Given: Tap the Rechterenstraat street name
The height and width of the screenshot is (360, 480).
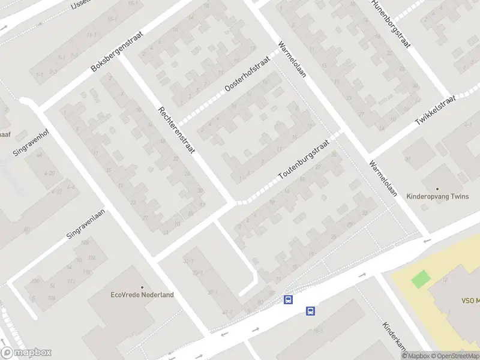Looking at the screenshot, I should (x=177, y=131).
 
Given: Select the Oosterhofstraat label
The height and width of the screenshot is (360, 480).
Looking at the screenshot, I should (x=248, y=76).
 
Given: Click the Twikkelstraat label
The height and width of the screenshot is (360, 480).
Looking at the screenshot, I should (x=436, y=110).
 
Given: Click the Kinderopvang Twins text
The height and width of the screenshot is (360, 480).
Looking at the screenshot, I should (x=437, y=196).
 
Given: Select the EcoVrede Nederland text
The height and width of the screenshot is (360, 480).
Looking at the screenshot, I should (x=142, y=295).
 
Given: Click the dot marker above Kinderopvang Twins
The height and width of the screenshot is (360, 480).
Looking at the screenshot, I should (x=437, y=188).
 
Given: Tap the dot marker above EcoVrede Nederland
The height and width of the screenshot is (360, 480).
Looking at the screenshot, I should (x=142, y=287).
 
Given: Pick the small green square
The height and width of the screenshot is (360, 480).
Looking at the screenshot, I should (x=421, y=279).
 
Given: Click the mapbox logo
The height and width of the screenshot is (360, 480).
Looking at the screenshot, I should (x=26, y=353).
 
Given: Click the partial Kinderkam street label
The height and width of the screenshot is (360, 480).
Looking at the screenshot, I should (x=395, y=337).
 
